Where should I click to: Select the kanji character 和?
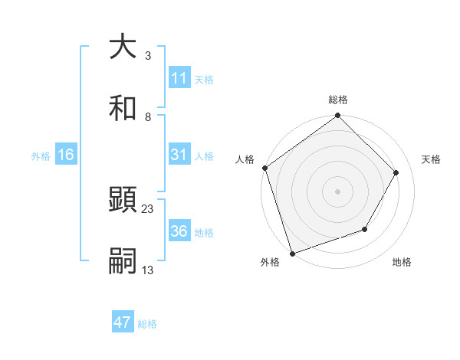[123, 108]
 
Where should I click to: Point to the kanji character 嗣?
[123, 261]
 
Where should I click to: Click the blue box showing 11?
[179, 78]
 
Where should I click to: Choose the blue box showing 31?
[179, 155]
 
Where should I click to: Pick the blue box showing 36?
[179, 231]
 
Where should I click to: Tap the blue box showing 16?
[66, 155]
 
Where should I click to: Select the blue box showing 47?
[123, 322]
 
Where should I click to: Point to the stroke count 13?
[147, 270]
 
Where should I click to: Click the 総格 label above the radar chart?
[338, 100]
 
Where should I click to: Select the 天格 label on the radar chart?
[431, 159]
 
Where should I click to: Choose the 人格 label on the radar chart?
[245, 159]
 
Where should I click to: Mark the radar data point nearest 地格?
[365, 229]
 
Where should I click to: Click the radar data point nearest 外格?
[292, 253]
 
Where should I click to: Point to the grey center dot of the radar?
[337, 191]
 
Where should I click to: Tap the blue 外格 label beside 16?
[41, 155]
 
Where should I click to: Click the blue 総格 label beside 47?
[147, 323]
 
